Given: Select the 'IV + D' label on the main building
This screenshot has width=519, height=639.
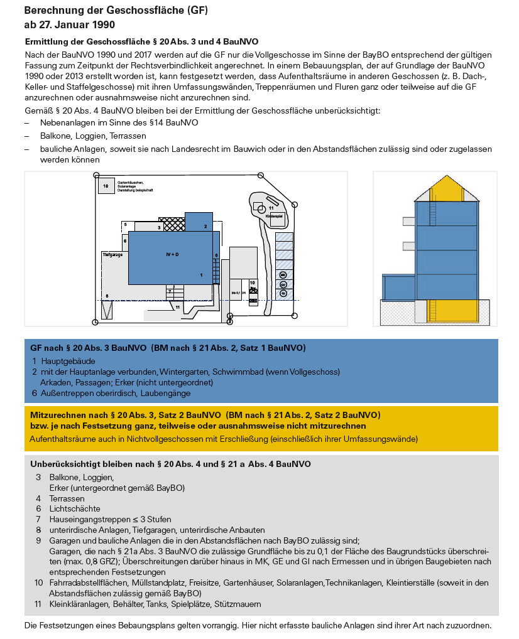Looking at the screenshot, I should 172,254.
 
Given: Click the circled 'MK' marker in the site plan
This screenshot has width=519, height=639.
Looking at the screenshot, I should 283,275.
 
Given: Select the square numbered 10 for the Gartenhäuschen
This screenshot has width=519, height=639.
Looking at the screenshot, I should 106,186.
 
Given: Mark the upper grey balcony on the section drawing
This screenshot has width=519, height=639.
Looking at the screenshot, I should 408,220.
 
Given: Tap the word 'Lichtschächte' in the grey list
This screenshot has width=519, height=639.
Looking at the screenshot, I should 74,508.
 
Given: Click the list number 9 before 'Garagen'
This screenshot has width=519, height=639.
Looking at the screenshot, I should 38,540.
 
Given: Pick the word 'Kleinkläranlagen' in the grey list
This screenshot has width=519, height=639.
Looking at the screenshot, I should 79,604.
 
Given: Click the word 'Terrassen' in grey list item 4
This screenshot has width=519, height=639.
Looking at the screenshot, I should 67,498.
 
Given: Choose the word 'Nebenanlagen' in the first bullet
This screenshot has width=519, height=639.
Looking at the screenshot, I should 65,122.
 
